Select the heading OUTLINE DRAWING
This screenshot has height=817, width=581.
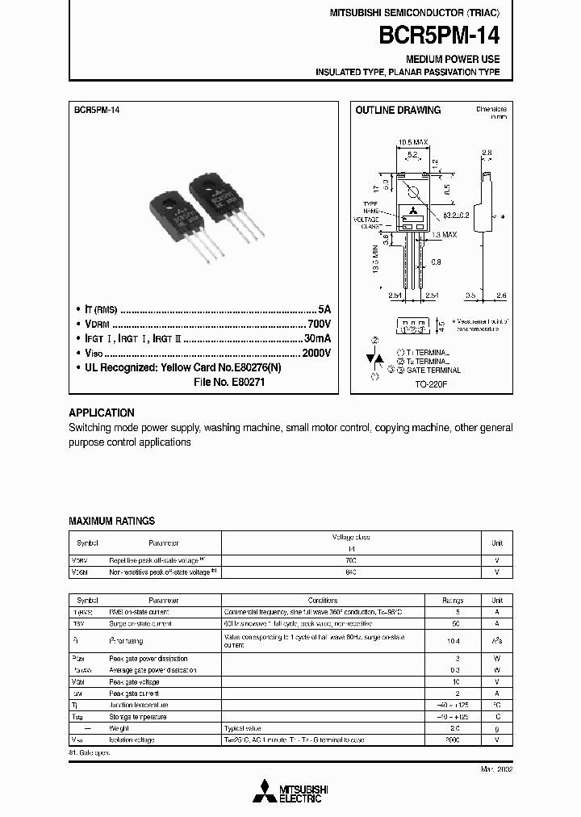(x=398, y=111)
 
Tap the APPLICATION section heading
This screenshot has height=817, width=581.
(x=102, y=413)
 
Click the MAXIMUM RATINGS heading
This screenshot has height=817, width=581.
(x=111, y=521)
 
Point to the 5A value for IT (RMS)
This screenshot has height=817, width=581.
(x=324, y=309)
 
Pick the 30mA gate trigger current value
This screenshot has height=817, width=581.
(x=317, y=338)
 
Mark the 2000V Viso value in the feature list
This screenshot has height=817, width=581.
(x=315, y=353)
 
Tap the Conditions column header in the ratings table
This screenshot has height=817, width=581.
(x=324, y=601)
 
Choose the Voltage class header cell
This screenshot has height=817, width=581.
(x=351, y=537)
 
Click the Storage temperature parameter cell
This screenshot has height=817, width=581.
(x=138, y=717)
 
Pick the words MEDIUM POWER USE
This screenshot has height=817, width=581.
(x=453, y=60)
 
